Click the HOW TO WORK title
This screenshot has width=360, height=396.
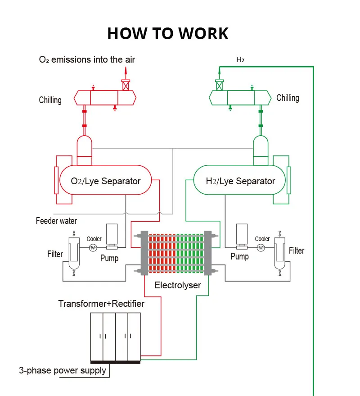coord(168,33)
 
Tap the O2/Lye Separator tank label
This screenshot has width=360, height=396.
coord(106,181)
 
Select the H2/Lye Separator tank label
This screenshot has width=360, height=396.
coord(240,181)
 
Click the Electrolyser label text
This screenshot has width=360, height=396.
coord(178,285)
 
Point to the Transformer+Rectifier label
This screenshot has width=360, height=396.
coord(101,304)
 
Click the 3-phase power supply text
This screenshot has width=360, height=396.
coord(63,371)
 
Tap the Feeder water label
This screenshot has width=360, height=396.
coord(56,221)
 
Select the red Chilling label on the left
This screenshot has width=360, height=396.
coord(50,100)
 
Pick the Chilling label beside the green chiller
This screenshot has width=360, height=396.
coord(288,98)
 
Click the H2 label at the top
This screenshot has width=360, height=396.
coord(240,59)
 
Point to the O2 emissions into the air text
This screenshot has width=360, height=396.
coord(87,59)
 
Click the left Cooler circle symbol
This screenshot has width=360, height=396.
coord(94,247)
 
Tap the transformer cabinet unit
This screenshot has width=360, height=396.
coord(115,336)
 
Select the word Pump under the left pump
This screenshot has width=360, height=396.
coord(109,259)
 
